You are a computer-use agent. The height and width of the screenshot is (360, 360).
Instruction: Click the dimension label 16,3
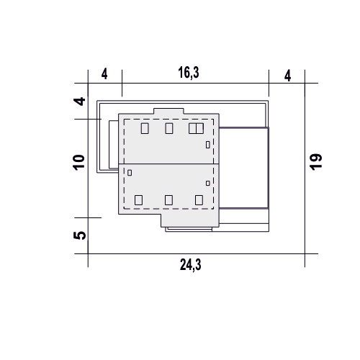point(189,73)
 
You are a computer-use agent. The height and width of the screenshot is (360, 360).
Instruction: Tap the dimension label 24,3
point(191,265)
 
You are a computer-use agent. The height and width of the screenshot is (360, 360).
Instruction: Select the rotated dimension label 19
point(315,162)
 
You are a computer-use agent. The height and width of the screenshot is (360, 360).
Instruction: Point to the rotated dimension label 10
point(79,163)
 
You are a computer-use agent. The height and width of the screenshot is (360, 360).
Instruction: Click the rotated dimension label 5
point(79,235)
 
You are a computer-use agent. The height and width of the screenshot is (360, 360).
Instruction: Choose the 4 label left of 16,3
point(104,74)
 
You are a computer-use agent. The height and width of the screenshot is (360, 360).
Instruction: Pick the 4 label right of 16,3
point(287,76)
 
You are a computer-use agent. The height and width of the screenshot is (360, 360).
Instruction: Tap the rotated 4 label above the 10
point(79,102)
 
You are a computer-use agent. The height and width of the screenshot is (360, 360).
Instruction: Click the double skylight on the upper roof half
point(196,128)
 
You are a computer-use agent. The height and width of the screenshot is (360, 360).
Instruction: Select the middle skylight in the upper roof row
point(169,128)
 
